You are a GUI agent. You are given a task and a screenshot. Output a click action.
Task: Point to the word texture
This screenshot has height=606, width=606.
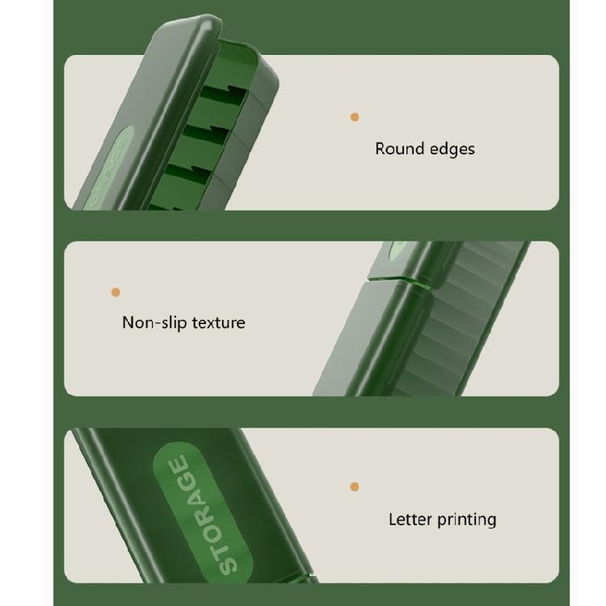click(x=218, y=323)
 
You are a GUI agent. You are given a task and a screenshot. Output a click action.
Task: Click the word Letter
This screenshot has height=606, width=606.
click(x=410, y=520)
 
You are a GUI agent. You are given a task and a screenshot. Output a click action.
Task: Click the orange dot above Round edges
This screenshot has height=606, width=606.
click(x=355, y=117)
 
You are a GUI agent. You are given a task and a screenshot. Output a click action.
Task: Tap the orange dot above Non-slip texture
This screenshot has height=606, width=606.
click(x=116, y=292)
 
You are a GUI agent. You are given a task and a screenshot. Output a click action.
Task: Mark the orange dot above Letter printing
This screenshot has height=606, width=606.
click(x=355, y=486)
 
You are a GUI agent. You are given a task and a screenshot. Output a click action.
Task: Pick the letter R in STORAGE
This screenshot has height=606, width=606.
click(x=205, y=514)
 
